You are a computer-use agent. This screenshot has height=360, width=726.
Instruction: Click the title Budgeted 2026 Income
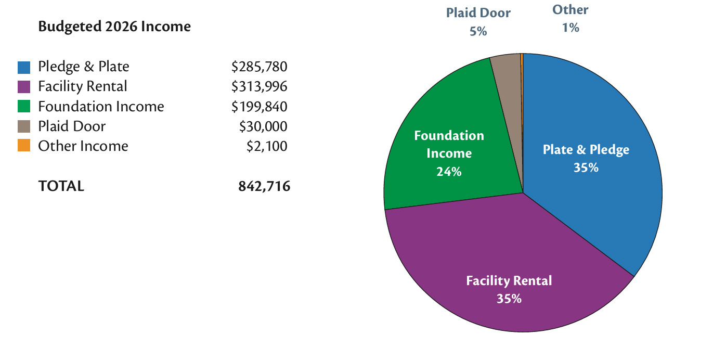(114, 27)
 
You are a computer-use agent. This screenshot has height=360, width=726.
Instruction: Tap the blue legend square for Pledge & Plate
(24, 67)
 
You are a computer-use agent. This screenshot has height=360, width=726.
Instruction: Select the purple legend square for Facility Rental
(24, 87)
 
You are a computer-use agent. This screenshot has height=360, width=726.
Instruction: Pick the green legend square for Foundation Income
(24, 107)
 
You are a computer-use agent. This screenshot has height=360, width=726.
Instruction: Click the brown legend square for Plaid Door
(24, 126)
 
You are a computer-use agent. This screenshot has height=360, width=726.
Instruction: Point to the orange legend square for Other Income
(24, 146)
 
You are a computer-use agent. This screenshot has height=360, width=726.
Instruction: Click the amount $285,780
(259, 67)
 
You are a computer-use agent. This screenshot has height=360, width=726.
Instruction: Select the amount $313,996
(259, 87)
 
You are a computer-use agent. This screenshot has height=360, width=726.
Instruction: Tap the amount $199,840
(259, 107)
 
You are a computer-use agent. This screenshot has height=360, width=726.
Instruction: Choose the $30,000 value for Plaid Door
(263, 126)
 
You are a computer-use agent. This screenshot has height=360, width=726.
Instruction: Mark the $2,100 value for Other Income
(266, 146)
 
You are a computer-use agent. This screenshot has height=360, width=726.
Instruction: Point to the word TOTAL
(61, 186)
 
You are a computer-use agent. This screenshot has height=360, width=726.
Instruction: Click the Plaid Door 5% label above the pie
(478, 21)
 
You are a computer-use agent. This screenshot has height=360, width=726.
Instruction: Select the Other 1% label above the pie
(570, 18)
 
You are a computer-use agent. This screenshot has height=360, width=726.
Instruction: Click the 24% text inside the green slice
(449, 171)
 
